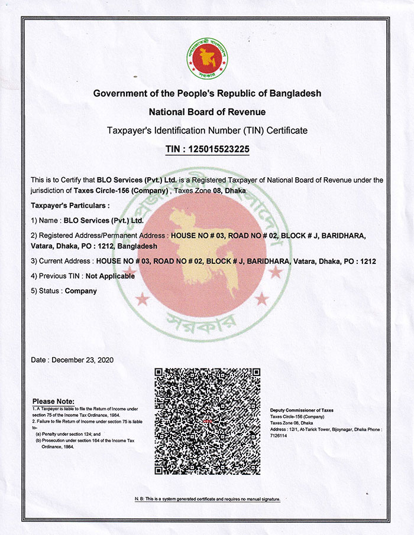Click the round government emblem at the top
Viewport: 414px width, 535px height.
[x=207, y=58]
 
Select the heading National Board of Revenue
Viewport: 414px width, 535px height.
[x=207, y=112]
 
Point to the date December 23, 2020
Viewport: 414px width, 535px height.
[x=72, y=360]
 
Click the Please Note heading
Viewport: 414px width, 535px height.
[x=53, y=402]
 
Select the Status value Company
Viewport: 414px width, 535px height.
[x=80, y=291]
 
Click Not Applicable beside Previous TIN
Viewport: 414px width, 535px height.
[x=110, y=276]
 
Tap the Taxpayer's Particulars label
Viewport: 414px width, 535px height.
[x=70, y=205]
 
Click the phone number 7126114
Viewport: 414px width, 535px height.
[x=279, y=436]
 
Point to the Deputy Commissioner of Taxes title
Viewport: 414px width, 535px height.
[x=302, y=410]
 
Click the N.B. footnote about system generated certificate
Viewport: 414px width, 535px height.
[x=207, y=500]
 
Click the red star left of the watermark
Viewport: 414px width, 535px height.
[x=143, y=299]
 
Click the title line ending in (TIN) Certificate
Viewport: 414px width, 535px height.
[x=207, y=130]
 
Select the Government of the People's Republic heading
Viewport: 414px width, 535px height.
[x=207, y=94]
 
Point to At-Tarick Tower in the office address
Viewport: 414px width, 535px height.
[x=311, y=429]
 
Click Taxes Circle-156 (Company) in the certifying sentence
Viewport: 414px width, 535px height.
[x=121, y=191]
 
